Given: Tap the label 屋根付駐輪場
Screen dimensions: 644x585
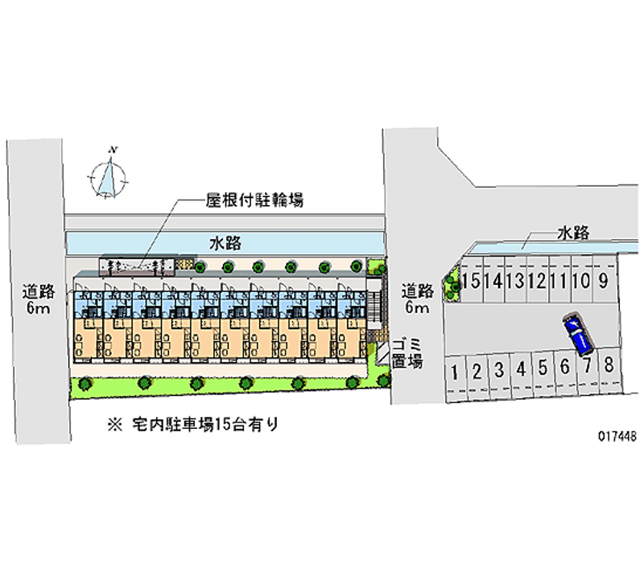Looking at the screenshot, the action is pyautogui.click(x=254, y=200).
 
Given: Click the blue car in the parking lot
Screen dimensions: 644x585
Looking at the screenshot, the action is pyautogui.click(x=578, y=334).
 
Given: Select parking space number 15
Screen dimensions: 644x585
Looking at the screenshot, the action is pyautogui.click(x=472, y=281).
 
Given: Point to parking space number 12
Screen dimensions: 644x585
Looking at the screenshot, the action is pyautogui.click(x=537, y=281).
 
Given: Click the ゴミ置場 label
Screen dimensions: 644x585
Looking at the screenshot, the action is pyautogui.click(x=407, y=353).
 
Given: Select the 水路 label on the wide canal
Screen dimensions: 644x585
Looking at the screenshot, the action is pyautogui.click(x=225, y=244).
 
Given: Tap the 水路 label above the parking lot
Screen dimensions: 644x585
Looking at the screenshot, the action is pyautogui.click(x=574, y=233).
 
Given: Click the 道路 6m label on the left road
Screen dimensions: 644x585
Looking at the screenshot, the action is pyautogui.click(x=38, y=299).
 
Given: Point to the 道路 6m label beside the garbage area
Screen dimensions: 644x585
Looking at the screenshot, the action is pyautogui.click(x=417, y=298).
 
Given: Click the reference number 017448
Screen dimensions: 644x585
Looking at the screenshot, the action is pyautogui.click(x=617, y=435).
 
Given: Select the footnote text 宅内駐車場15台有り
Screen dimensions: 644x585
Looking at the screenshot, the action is pyautogui.click(x=205, y=425).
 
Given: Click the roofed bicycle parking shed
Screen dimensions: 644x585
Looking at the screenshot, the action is pyautogui.click(x=137, y=267).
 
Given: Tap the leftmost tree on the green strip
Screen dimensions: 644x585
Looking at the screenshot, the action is pyautogui.click(x=85, y=384).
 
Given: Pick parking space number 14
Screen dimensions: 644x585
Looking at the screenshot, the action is pyautogui.click(x=493, y=281).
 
